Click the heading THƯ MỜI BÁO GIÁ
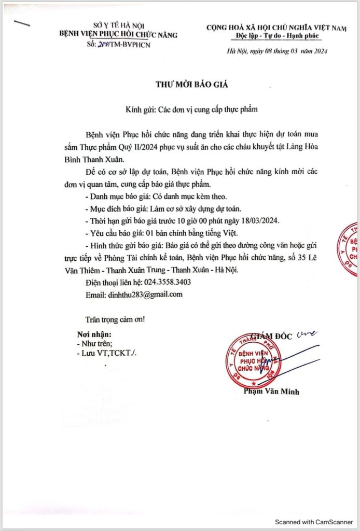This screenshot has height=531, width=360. pos(192,84)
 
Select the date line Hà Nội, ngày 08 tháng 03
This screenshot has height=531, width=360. pos(278,51)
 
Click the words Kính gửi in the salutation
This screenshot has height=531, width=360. pos(140,110)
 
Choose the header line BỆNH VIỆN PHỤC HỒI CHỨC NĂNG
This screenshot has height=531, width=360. pos(118,35)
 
